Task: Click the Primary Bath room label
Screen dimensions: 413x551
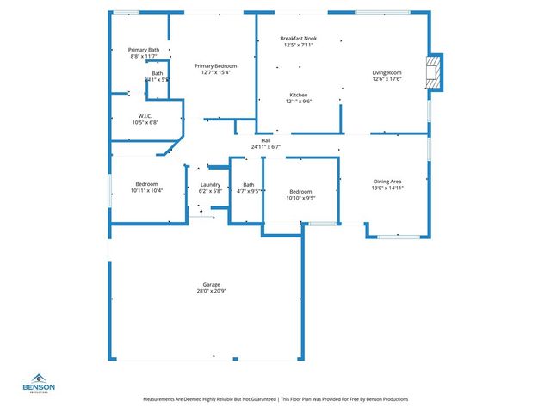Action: click(x=144, y=50)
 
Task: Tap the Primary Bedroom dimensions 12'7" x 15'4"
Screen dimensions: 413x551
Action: click(x=215, y=72)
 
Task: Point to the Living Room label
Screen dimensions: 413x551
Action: click(x=387, y=72)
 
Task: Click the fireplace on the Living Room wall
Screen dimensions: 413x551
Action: click(x=435, y=72)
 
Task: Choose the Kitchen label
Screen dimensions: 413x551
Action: click(x=299, y=95)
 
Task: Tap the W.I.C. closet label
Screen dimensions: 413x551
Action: click(x=145, y=115)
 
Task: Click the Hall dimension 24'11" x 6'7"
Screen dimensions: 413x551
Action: click(x=266, y=147)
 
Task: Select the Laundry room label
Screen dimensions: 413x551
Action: click(x=210, y=184)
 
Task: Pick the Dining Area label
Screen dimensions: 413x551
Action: click(x=387, y=182)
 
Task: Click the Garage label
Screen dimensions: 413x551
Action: click(x=211, y=285)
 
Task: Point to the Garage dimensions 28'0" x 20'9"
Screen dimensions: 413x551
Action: click(x=211, y=292)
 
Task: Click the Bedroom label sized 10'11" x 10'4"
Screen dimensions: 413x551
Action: click(x=145, y=184)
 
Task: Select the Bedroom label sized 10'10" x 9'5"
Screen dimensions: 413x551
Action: click(x=300, y=191)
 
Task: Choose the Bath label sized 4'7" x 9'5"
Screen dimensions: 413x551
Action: click(x=249, y=184)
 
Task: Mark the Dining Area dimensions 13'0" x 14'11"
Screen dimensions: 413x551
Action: click(x=387, y=188)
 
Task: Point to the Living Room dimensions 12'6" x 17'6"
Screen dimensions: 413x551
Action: click(x=387, y=79)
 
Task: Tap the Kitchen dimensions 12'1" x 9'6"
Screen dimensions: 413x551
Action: click(x=299, y=102)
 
